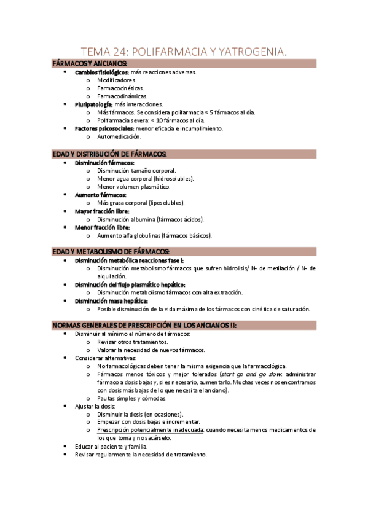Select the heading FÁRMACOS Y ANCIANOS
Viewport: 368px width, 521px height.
90,64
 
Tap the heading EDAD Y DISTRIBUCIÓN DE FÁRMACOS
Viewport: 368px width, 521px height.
109,154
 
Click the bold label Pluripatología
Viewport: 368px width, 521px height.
94,104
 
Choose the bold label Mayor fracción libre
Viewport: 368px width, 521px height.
102,211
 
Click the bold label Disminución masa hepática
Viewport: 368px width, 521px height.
111,301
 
